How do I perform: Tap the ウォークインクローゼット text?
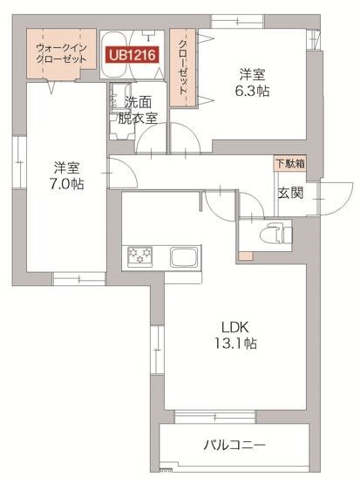(x=61, y=53)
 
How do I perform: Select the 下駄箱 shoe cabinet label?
(x=290, y=163)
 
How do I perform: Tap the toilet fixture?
(x=277, y=233)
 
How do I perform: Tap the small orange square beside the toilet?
(x=247, y=256)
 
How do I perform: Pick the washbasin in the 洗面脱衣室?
(x=116, y=104)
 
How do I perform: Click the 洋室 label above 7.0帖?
(x=66, y=167)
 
